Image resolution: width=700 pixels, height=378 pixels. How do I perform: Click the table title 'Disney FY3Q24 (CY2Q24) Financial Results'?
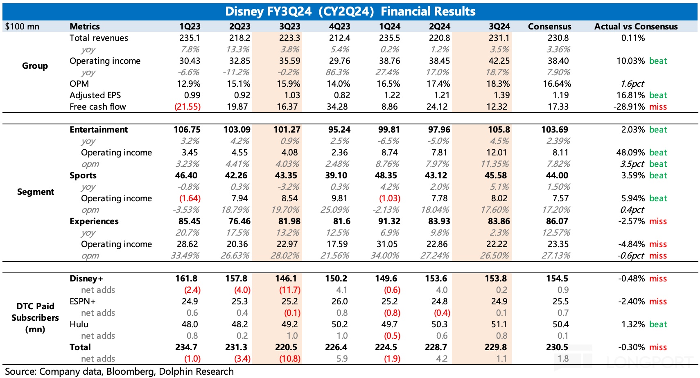(350, 11)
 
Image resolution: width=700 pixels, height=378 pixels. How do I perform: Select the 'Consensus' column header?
(549, 27)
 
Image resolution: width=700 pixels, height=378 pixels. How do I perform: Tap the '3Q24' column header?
(499, 27)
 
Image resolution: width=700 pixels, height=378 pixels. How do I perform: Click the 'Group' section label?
(35, 66)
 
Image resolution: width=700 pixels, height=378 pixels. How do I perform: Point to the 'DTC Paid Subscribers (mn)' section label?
(35, 318)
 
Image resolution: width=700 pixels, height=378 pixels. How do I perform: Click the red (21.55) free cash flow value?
(187, 107)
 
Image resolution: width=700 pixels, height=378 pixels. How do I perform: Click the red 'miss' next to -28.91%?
(658, 107)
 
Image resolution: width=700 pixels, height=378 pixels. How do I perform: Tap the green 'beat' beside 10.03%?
(658, 61)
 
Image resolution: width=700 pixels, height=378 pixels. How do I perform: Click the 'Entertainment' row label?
(99, 130)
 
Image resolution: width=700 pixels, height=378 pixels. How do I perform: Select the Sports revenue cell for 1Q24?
(386, 175)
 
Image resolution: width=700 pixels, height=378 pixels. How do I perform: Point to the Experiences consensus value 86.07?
(557, 221)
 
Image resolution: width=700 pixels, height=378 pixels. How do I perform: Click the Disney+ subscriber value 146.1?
(286, 279)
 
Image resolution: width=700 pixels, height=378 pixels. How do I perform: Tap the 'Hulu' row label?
(79, 324)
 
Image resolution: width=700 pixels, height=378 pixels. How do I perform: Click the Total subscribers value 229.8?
(496, 347)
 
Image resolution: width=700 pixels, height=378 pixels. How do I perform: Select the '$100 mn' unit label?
(22, 27)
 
